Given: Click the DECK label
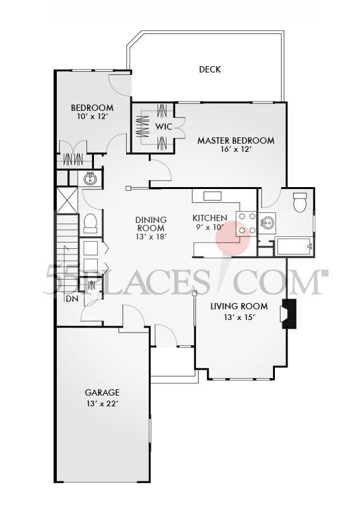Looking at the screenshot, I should [209, 69].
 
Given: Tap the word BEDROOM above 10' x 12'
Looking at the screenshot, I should [92, 108].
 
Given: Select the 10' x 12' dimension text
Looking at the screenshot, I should [92, 117].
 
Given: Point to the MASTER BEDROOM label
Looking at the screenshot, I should [236, 140].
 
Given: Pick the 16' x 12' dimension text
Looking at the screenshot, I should [236, 151].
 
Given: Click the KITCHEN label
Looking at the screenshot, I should [210, 218].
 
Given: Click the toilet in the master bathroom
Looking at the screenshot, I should [300, 203].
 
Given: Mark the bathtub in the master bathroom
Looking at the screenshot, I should [294, 246].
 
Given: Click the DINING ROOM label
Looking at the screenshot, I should [150, 224].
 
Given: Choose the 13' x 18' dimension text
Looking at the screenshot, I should [150, 237].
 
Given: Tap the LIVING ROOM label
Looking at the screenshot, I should [239, 306].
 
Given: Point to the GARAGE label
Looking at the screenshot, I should [102, 392].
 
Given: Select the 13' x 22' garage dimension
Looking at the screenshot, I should [102, 403].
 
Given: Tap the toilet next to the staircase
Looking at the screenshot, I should [90, 222].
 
